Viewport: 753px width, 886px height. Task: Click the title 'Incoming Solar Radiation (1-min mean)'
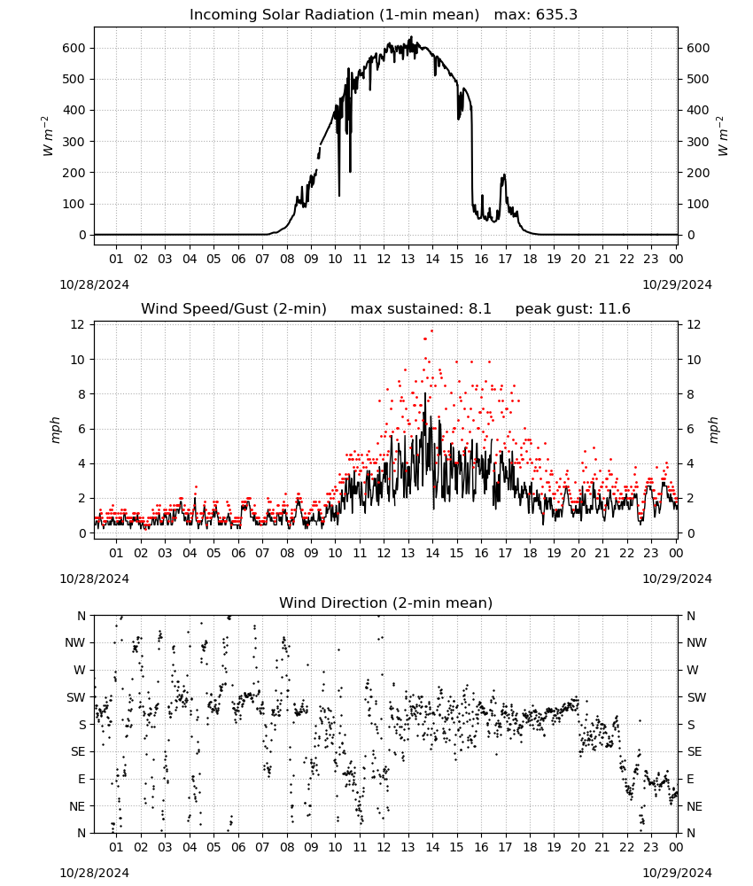334,15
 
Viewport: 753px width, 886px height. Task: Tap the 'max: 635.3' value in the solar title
536,15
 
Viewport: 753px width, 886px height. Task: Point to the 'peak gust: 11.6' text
573,309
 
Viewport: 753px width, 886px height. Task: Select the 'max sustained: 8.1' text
421,309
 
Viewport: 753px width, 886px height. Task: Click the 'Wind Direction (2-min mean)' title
386,602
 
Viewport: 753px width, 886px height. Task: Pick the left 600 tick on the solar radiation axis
74,48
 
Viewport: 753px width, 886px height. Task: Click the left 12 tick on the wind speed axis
77,324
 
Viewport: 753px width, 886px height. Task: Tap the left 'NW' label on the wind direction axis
75,643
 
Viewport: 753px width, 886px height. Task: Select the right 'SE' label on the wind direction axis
695,751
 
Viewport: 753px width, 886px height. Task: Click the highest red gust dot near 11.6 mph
432,331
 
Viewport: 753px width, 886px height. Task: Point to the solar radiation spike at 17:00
504,175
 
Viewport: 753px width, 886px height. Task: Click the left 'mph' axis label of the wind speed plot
55,430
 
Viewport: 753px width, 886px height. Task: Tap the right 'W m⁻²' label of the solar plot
723,136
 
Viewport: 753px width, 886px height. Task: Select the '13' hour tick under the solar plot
408,259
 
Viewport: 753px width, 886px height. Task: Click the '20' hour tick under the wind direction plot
578,847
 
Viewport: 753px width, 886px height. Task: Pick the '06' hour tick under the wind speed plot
238,553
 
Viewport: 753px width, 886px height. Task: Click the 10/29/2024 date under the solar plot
678,284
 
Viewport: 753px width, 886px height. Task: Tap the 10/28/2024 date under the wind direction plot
94,873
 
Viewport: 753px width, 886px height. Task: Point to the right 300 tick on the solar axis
698,142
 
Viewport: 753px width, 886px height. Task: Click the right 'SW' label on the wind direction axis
696,697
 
